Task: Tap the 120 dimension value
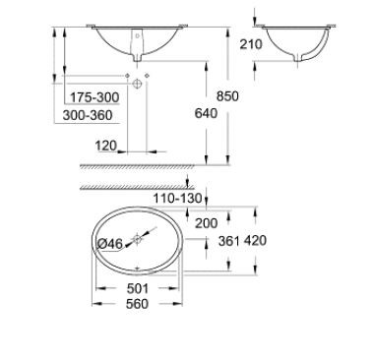106,146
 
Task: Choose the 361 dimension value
227,241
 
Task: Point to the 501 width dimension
138,289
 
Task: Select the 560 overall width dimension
138,304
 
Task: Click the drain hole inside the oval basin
139,237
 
